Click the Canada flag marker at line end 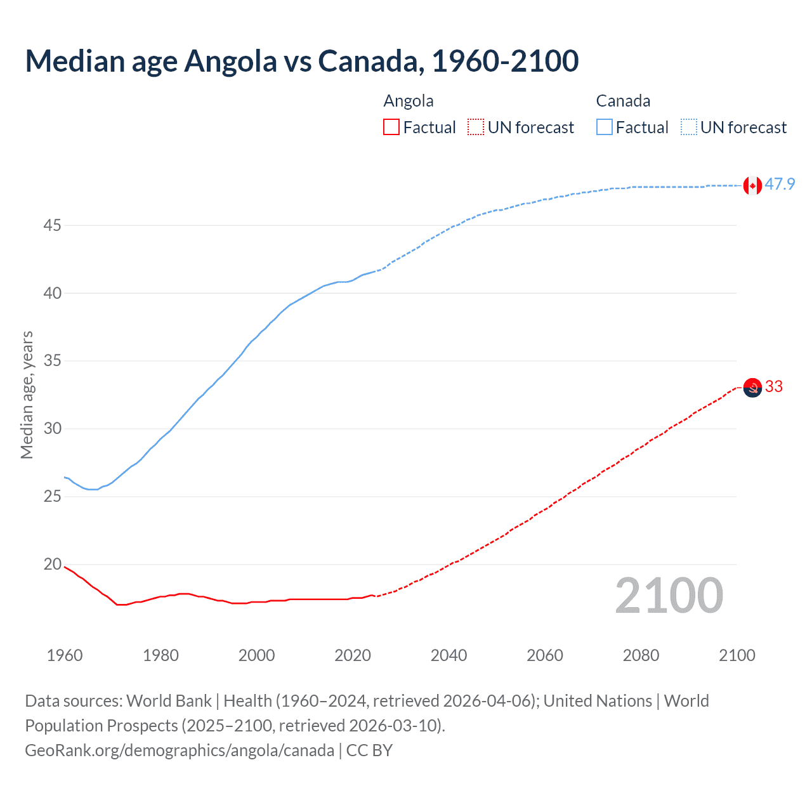pos(752,185)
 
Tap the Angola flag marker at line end pos(752,387)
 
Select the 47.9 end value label pos(780,185)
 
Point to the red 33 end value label pos(774,386)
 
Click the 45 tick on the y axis pos(53,225)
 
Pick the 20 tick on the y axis pos(53,564)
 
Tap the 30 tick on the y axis pos(53,429)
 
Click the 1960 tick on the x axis pos(65,655)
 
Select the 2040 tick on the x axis pos(449,655)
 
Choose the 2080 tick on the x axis pos(641,655)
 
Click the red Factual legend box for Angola pos(391,128)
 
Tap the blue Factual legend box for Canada pos(605,128)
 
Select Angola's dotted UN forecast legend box pos(476,128)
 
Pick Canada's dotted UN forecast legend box pos(689,128)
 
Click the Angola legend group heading pos(409,101)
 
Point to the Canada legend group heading pos(623,101)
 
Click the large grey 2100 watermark pos(669,596)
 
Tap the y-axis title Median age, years pos(27,395)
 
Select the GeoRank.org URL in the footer pos(180,750)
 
